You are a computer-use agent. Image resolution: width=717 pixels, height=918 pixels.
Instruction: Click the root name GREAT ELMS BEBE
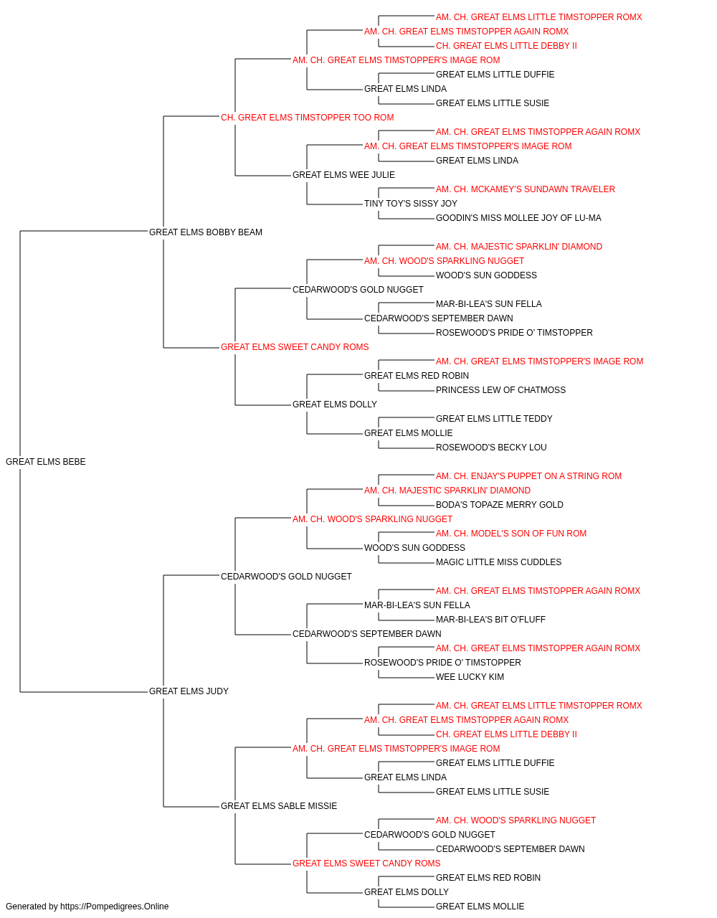[x=46, y=462]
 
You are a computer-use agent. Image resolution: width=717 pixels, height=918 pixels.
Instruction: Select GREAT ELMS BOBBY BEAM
[x=206, y=232]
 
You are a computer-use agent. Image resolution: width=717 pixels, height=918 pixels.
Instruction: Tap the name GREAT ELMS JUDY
[x=189, y=691]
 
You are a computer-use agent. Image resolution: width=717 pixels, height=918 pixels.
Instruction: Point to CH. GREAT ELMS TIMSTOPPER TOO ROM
[x=308, y=118]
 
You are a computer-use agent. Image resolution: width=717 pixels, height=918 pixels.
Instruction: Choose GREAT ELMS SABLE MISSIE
[x=279, y=806]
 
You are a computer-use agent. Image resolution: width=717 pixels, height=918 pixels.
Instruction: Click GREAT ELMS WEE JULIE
[x=343, y=175]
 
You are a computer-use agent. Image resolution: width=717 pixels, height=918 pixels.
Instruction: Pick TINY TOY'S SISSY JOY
[x=411, y=204]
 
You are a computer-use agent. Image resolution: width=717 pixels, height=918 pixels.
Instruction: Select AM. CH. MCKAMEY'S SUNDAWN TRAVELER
[x=526, y=189]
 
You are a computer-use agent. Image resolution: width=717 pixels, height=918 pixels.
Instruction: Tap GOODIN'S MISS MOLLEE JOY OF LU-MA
[x=518, y=218]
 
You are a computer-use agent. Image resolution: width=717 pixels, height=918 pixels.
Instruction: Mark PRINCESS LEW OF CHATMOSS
[x=500, y=390]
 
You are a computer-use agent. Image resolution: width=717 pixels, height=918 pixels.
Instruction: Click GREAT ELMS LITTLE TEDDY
[x=494, y=419]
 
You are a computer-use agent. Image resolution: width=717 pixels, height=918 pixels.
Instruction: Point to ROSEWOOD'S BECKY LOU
[x=492, y=448]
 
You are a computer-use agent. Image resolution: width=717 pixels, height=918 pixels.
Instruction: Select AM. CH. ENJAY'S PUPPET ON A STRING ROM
[x=529, y=476]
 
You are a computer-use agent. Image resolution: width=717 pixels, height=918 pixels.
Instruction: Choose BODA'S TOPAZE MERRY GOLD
[x=500, y=505]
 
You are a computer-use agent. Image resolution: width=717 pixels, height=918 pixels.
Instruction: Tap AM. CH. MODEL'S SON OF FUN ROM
[x=511, y=534]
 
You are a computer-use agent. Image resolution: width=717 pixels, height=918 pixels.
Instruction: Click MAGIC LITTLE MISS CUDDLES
[x=499, y=562]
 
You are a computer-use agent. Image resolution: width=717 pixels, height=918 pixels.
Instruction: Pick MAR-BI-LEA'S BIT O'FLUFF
[x=490, y=620]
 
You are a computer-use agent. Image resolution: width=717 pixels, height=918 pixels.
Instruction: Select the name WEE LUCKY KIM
[x=470, y=677]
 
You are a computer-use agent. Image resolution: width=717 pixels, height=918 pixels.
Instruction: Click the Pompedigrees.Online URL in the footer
[x=115, y=907]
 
